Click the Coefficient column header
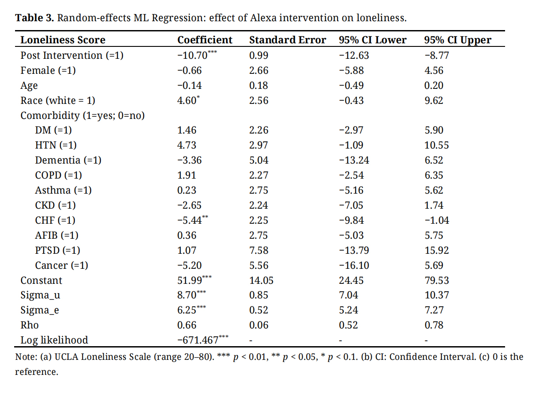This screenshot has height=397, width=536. coord(205,40)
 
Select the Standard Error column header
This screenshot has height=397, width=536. coord(287,40)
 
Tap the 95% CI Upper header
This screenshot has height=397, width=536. coord(457,40)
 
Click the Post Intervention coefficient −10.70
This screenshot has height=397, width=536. coord(193,56)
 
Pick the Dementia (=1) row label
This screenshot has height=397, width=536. coord(68,160)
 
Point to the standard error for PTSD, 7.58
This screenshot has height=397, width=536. coord(258,251)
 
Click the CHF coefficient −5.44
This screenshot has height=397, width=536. coord(187,221)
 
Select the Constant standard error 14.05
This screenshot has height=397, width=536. coord(261,281)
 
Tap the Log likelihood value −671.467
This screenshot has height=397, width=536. coord(198,340)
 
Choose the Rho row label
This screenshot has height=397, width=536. coord(30,325)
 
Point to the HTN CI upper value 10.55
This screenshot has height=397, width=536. coord(436,145)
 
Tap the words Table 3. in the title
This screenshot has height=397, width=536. coord(34,19)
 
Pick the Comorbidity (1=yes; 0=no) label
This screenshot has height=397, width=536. coord(83,116)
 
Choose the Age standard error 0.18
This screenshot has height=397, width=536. coord(258,86)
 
